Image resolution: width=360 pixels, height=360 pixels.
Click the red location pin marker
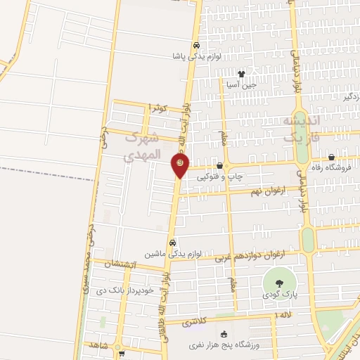(179, 165)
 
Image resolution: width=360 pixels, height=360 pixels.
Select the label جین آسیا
(241, 84)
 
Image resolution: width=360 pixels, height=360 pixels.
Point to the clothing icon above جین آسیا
(241, 73)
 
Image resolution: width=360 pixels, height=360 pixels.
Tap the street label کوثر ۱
(159, 108)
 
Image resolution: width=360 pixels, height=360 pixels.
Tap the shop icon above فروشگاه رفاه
(331, 157)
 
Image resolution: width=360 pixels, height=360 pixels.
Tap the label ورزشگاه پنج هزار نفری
(224, 345)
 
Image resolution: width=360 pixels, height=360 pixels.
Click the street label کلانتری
(195, 322)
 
